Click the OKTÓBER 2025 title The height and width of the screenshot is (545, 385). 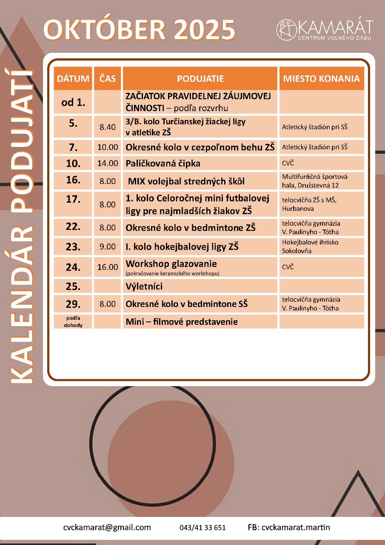tap(140, 31)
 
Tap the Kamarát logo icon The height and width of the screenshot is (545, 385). tap(286, 29)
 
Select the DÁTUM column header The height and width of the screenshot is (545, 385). tap(73, 79)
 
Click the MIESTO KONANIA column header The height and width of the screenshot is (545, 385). tap(321, 79)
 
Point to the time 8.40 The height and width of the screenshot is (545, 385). tap(107, 127)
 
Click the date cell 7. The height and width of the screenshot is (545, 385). tap(73, 147)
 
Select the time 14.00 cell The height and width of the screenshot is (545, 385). tap(107, 163)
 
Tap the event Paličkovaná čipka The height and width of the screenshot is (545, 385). tap(163, 163)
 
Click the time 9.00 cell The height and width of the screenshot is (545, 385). tap(107, 247)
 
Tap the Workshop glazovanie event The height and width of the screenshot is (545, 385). tap(171, 264)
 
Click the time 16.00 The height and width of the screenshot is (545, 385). tap(107, 267)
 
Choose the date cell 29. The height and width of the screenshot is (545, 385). tap(73, 304)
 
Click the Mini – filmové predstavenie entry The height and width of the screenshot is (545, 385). tap(182, 322)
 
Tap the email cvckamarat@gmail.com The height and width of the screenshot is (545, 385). tap(107, 527)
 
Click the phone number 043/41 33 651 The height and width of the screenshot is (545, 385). tap(202, 528)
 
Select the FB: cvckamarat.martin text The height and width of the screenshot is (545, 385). tap(288, 527)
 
